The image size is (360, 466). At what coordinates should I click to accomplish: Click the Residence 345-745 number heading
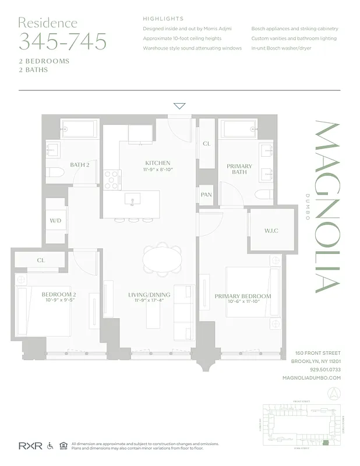(62, 41)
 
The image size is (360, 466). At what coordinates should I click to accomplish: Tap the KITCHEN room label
(158, 163)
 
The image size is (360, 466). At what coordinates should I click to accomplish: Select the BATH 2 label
(79, 165)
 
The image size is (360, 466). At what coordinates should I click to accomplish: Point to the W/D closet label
(55, 221)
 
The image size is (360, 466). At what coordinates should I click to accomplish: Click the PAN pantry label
(206, 195)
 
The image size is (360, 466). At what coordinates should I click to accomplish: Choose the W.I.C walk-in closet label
(271, 231)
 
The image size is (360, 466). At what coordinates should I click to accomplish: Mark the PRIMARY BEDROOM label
(243, 296)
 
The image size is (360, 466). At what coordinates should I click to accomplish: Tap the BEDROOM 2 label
(59, 295)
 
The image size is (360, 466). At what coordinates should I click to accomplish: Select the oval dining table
(163, 259)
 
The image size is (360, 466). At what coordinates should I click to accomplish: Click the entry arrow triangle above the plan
(179, 106)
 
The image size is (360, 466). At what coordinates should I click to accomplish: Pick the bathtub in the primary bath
(238, 128)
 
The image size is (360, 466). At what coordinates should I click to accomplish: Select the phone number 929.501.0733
(325, 369)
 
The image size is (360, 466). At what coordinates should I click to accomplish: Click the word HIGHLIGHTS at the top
(163, 19)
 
